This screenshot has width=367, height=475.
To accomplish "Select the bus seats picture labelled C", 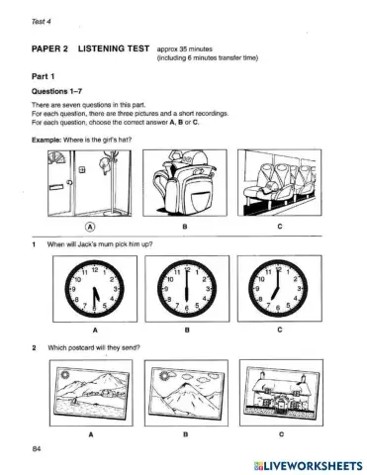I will coord(280,184).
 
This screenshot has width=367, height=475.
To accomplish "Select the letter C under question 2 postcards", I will coord(280,433).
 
